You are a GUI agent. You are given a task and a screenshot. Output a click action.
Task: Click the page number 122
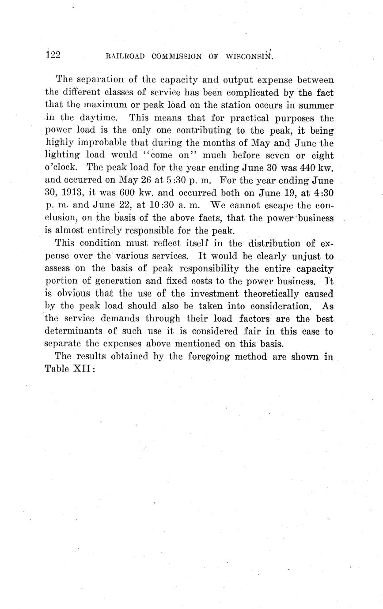(53, 55)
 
